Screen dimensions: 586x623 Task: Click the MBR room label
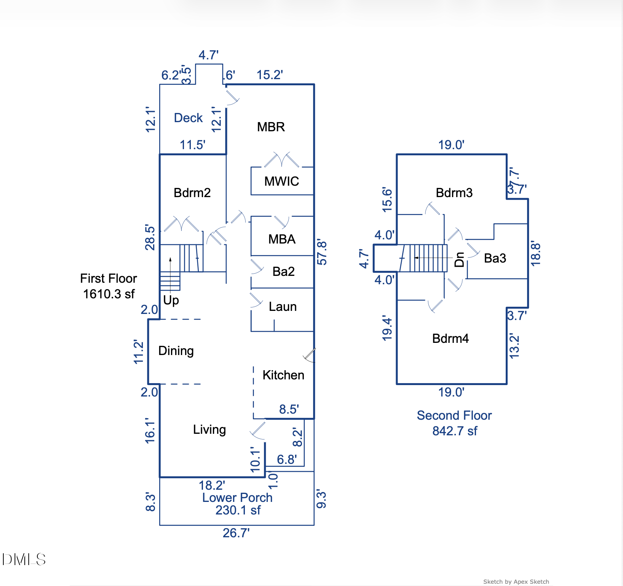[x=271, y=127]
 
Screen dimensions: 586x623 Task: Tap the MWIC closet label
[x=281, y=181]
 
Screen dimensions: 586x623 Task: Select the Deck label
[x=188, y=118]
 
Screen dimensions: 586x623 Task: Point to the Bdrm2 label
[x=192, y=193]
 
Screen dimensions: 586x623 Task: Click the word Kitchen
[x=283, y=375]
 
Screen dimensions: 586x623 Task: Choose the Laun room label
[x=283, y=307]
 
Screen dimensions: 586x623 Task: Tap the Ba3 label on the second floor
[x=495, y=258]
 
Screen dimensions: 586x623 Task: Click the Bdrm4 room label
[x=450, y=338]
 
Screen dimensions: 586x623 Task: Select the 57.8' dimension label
[x=322, y=252]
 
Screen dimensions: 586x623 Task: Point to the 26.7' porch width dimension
[x=236, y=533]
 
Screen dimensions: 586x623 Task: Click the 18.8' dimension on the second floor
[x=535, y=253]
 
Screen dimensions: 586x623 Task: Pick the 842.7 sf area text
[x=455, y=431]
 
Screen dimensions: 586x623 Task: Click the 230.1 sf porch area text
[x=238, y=510]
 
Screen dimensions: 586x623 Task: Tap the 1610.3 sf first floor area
[x=109, y=294]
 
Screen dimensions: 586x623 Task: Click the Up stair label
[x=171, y=300]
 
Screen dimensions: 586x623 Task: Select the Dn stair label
[x=460, y=260]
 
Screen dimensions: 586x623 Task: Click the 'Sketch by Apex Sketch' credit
[x=516, y=581]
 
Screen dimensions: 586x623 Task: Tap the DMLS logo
[x=24, y=559]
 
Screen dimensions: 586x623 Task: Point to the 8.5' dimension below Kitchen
[x=289, y=409]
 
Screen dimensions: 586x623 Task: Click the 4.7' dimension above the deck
[x=208, y=55]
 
